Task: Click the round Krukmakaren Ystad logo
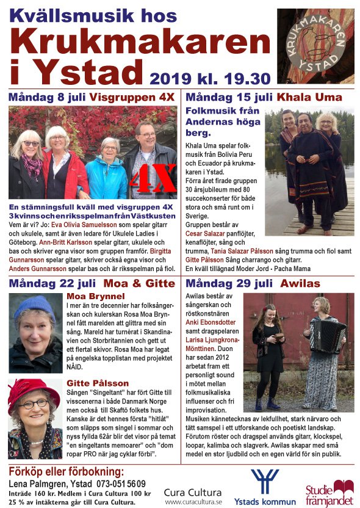315,45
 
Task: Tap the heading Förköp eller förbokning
66,472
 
